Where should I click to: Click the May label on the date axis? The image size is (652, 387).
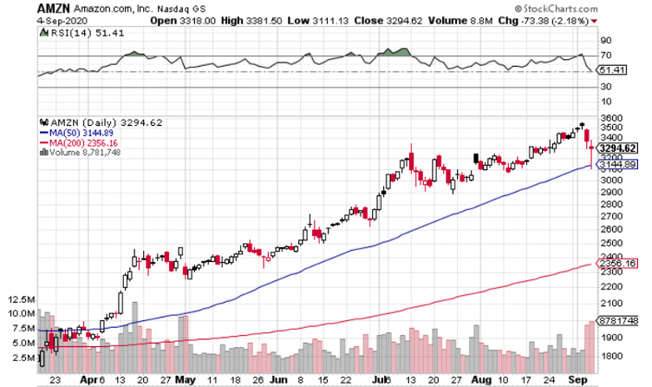point(185,379)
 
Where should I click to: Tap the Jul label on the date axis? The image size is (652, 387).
point(379,379)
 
